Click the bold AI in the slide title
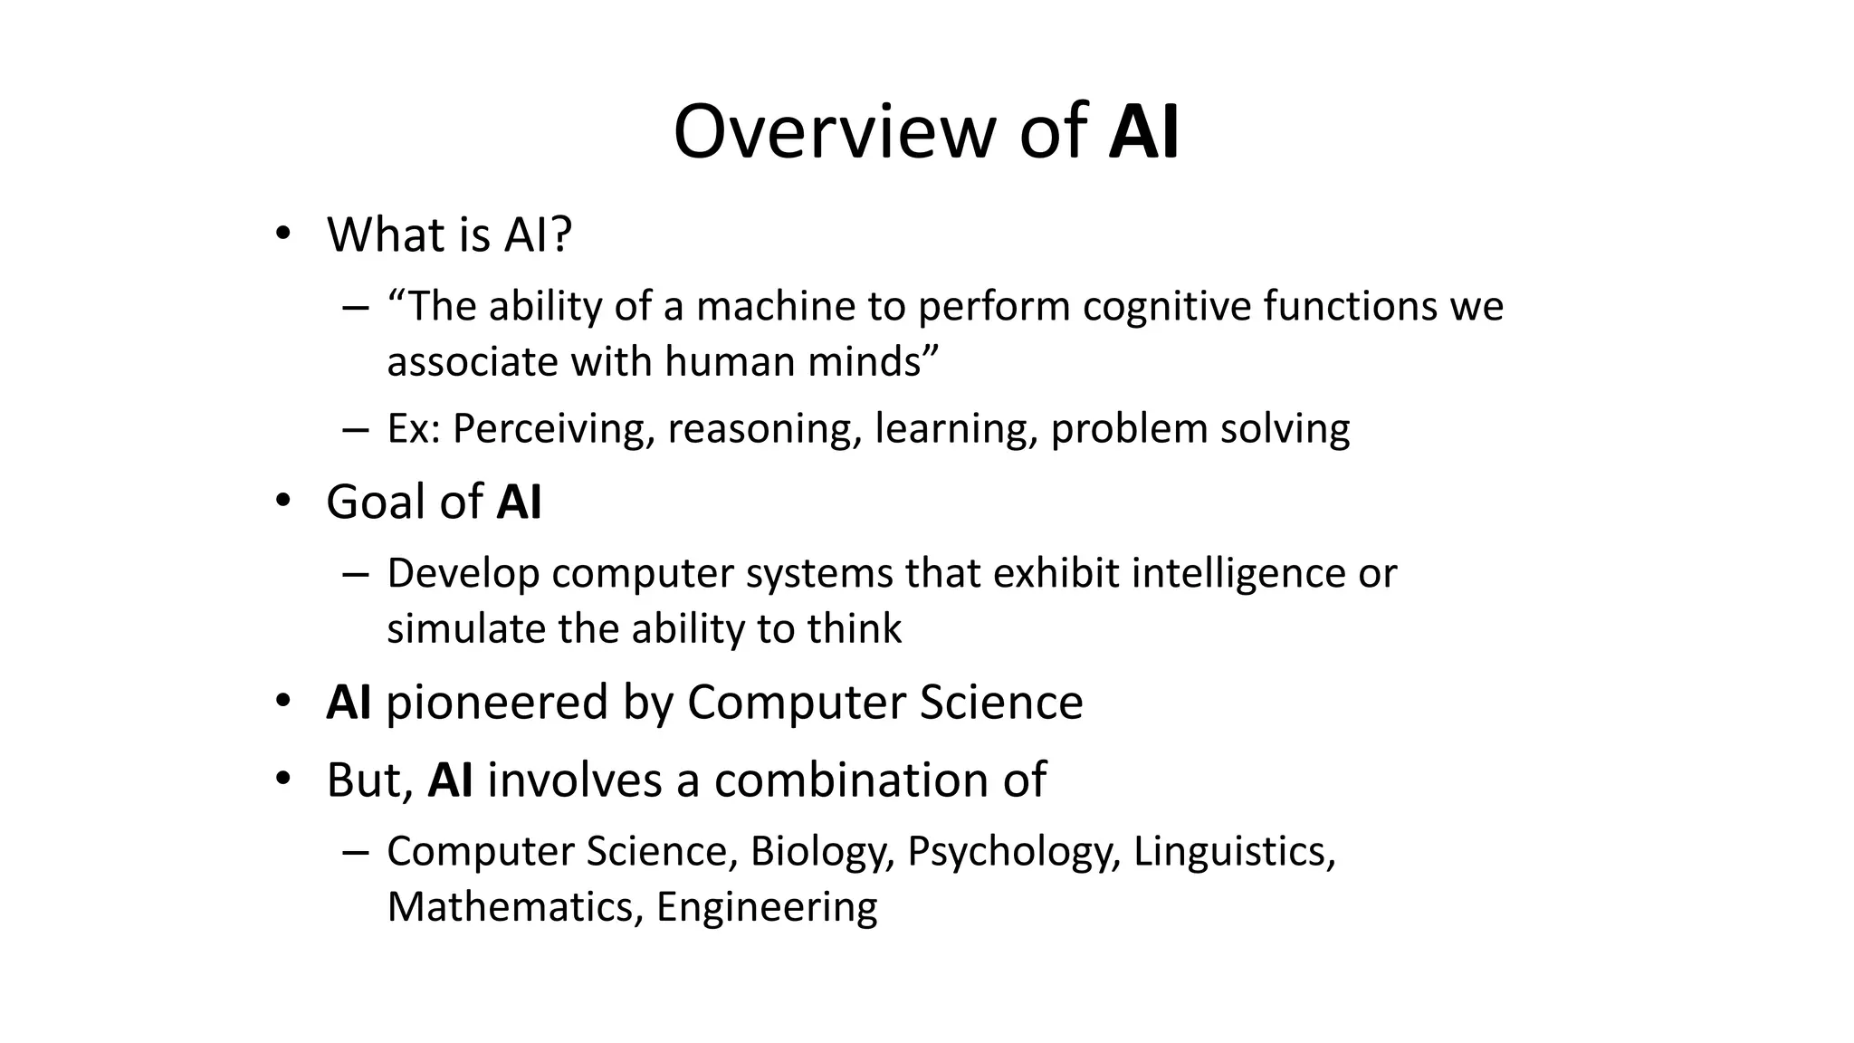1143,132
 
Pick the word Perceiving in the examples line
551,429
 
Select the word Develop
463,574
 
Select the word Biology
820,852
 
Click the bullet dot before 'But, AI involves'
283,779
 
